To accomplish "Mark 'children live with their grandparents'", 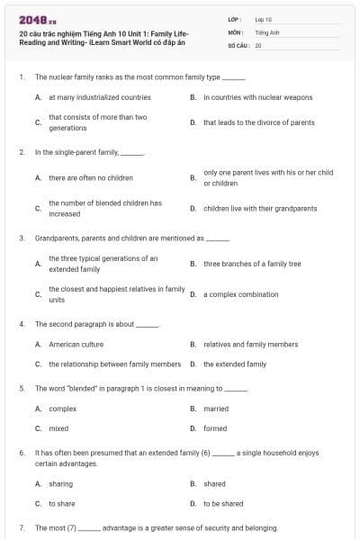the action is [x=260, y=208].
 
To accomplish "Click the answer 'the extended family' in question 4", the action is [x=234, y=364].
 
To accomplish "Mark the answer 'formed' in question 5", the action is [x=215, y=428].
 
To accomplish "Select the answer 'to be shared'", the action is [x=223, y=503].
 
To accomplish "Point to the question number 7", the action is [x=21, y=527].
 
